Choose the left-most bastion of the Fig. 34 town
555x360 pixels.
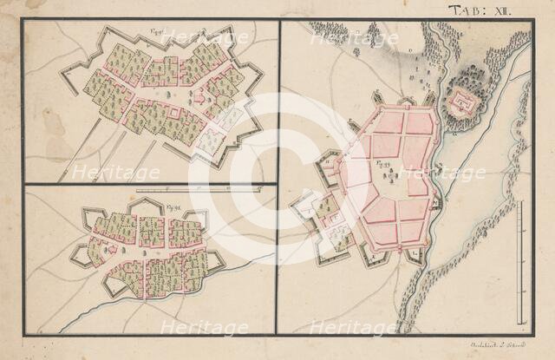click(x=78, y=254)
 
